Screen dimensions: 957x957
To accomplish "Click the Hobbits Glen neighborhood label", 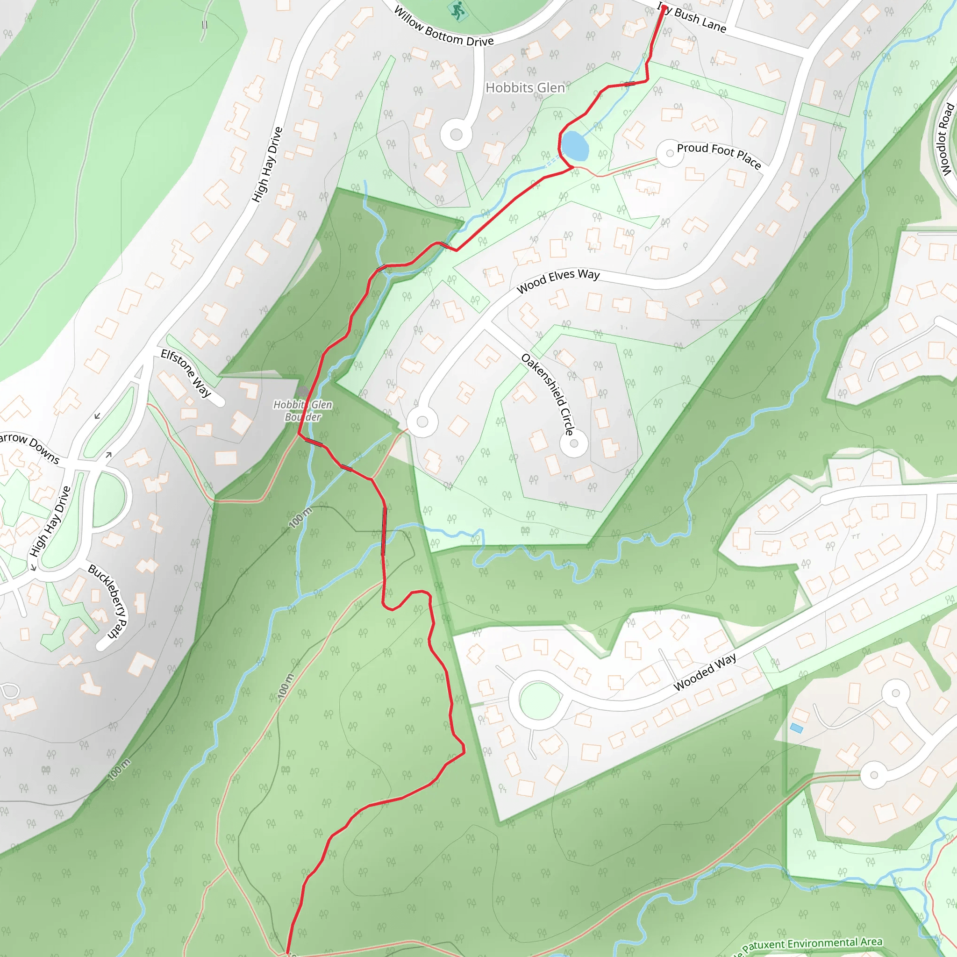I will coord(525,88).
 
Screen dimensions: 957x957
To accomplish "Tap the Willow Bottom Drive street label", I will coord(443,28).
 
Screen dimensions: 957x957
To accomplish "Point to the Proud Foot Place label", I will coord(719,155).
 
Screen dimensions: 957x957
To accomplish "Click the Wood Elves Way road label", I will coord(558,280).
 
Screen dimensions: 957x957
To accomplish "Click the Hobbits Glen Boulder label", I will coord(303,411).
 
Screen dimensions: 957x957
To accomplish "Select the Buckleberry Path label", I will coord(108,601).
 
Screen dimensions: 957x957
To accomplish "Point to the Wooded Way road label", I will coord(705,671).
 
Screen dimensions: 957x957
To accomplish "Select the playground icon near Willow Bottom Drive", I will coord(457,10).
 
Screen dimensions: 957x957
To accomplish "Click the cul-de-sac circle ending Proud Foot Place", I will coord(670,154).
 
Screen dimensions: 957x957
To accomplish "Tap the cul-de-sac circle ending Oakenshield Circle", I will coord(574,443).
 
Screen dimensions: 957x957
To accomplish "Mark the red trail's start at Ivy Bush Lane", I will coord(664,7).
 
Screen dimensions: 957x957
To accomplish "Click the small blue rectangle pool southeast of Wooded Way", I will coord(797,728).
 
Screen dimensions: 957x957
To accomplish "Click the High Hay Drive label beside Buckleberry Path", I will coord(51,521).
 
